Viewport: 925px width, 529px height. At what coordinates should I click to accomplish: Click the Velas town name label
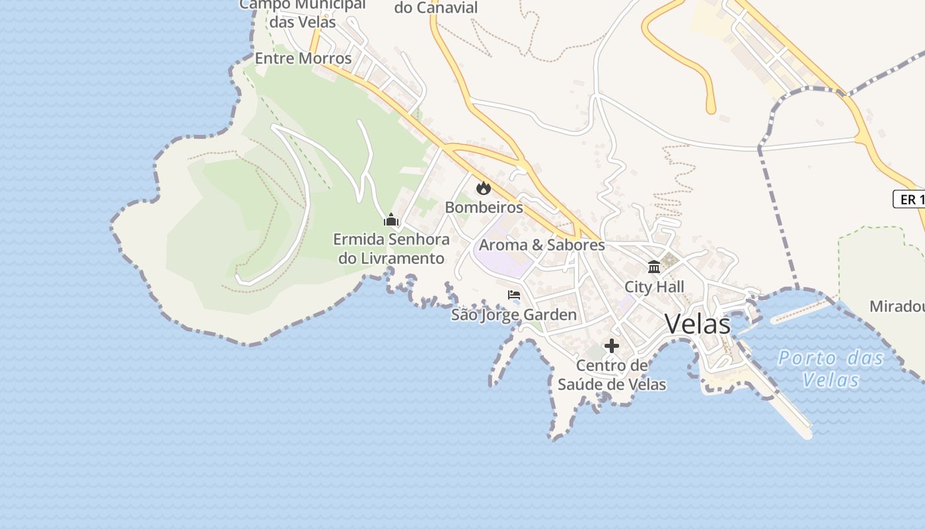coord(698,324)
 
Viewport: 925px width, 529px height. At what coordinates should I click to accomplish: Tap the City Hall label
coord(654,287)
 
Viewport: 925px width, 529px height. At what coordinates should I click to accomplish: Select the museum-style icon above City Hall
coord(654,267)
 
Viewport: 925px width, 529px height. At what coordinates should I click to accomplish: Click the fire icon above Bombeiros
coord(484,188)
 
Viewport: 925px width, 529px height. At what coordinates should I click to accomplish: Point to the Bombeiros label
coord(484,207)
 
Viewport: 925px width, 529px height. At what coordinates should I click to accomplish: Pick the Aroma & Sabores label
coord(542,245)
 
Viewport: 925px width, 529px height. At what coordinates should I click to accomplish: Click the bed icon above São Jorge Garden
coord(514,295)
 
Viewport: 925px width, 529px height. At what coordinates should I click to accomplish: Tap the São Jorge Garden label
coord(514,315)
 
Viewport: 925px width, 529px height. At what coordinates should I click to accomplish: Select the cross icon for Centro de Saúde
coord(612,346)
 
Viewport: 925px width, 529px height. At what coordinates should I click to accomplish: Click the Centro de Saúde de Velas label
coord(612,375)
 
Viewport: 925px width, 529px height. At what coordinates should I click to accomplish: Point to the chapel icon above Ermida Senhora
coord(391,220)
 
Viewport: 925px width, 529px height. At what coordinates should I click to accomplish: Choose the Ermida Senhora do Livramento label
coord(391,249)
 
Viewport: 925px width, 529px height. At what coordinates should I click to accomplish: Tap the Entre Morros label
coord(303,58)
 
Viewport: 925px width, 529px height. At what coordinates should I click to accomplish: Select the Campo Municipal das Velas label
coord(303,13)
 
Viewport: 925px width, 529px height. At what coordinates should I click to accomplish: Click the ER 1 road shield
coord(910,199)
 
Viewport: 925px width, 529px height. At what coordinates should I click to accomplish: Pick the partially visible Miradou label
coord(897,307)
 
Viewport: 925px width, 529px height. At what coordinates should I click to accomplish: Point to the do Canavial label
coord(436,8)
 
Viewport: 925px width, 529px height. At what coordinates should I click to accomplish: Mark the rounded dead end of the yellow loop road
coord(711,108)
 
